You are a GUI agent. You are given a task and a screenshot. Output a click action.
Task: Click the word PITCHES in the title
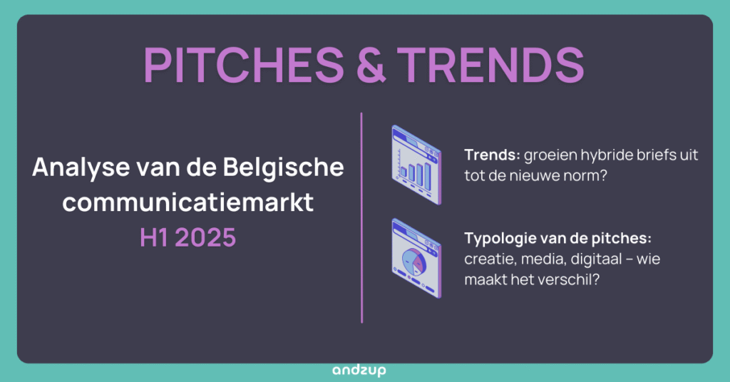(x=244, y=65)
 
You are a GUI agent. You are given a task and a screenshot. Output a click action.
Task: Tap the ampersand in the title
(x=371, y=65)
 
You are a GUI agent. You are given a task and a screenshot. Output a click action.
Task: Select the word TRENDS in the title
(x=491, y=65)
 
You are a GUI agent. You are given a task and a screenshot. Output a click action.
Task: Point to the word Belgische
(x=284, y=167)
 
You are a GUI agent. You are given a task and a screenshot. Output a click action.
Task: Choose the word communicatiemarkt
(x=188, y=202)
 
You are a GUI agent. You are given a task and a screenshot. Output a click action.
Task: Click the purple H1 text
(x=155, y=238)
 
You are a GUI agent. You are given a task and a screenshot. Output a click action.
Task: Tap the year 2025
(x=206, y=238)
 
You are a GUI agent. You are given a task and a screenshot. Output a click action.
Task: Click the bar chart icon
(x=416, y=165)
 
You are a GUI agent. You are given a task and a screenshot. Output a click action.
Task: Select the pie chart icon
(x=416, y=259)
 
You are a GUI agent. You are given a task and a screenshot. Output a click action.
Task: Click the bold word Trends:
(x=492, y=155)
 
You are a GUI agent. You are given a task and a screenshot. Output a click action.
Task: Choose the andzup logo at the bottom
(x=359, y=371)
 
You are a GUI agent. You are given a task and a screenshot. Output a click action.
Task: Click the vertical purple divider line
(x=361, y=217)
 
